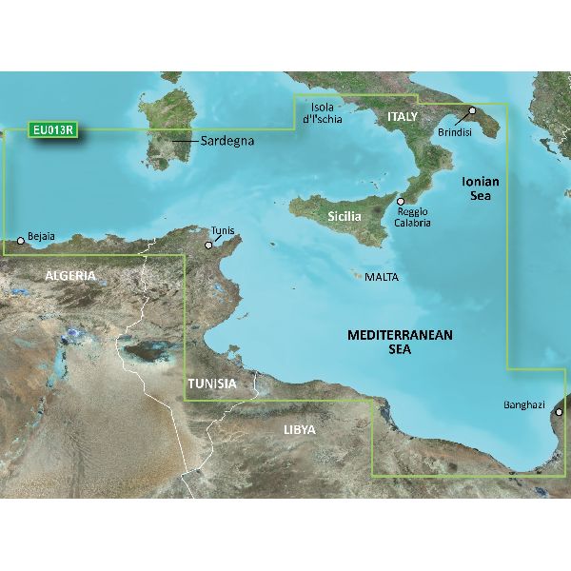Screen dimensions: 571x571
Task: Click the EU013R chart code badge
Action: point(53,130)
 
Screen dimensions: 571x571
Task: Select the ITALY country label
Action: point(403,116)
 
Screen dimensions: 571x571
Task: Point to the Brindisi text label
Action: point(456,133)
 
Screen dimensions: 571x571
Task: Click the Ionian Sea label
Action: point(481,187)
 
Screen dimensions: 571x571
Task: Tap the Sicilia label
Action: point(345,217)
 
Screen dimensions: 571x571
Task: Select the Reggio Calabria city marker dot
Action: point(401,202)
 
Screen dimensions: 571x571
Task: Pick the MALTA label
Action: point(382,278)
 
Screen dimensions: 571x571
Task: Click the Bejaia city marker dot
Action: point(21,241)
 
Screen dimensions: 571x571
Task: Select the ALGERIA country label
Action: point(69,275)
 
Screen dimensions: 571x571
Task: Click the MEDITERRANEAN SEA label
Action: point(400,343)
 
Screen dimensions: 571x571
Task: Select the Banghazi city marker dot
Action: point(559,412)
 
